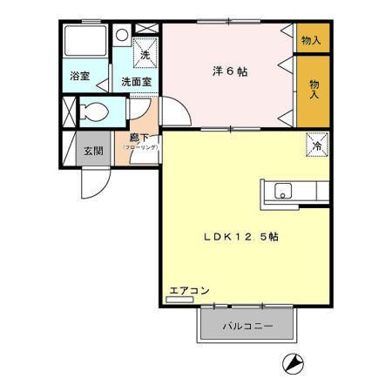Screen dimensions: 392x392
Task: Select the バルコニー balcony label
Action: [247, 327]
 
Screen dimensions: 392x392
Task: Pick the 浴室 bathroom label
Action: [80, 77]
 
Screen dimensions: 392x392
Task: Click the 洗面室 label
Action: [135, 81]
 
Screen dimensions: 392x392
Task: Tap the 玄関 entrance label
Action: [93, 150]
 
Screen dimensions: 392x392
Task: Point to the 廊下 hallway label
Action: [139, 138]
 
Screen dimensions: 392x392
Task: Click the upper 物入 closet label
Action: [311, 40]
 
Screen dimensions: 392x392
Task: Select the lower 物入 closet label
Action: [314, 88]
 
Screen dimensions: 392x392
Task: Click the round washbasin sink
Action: [123, 36]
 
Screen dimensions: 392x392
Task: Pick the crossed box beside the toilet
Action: [68, 112]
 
